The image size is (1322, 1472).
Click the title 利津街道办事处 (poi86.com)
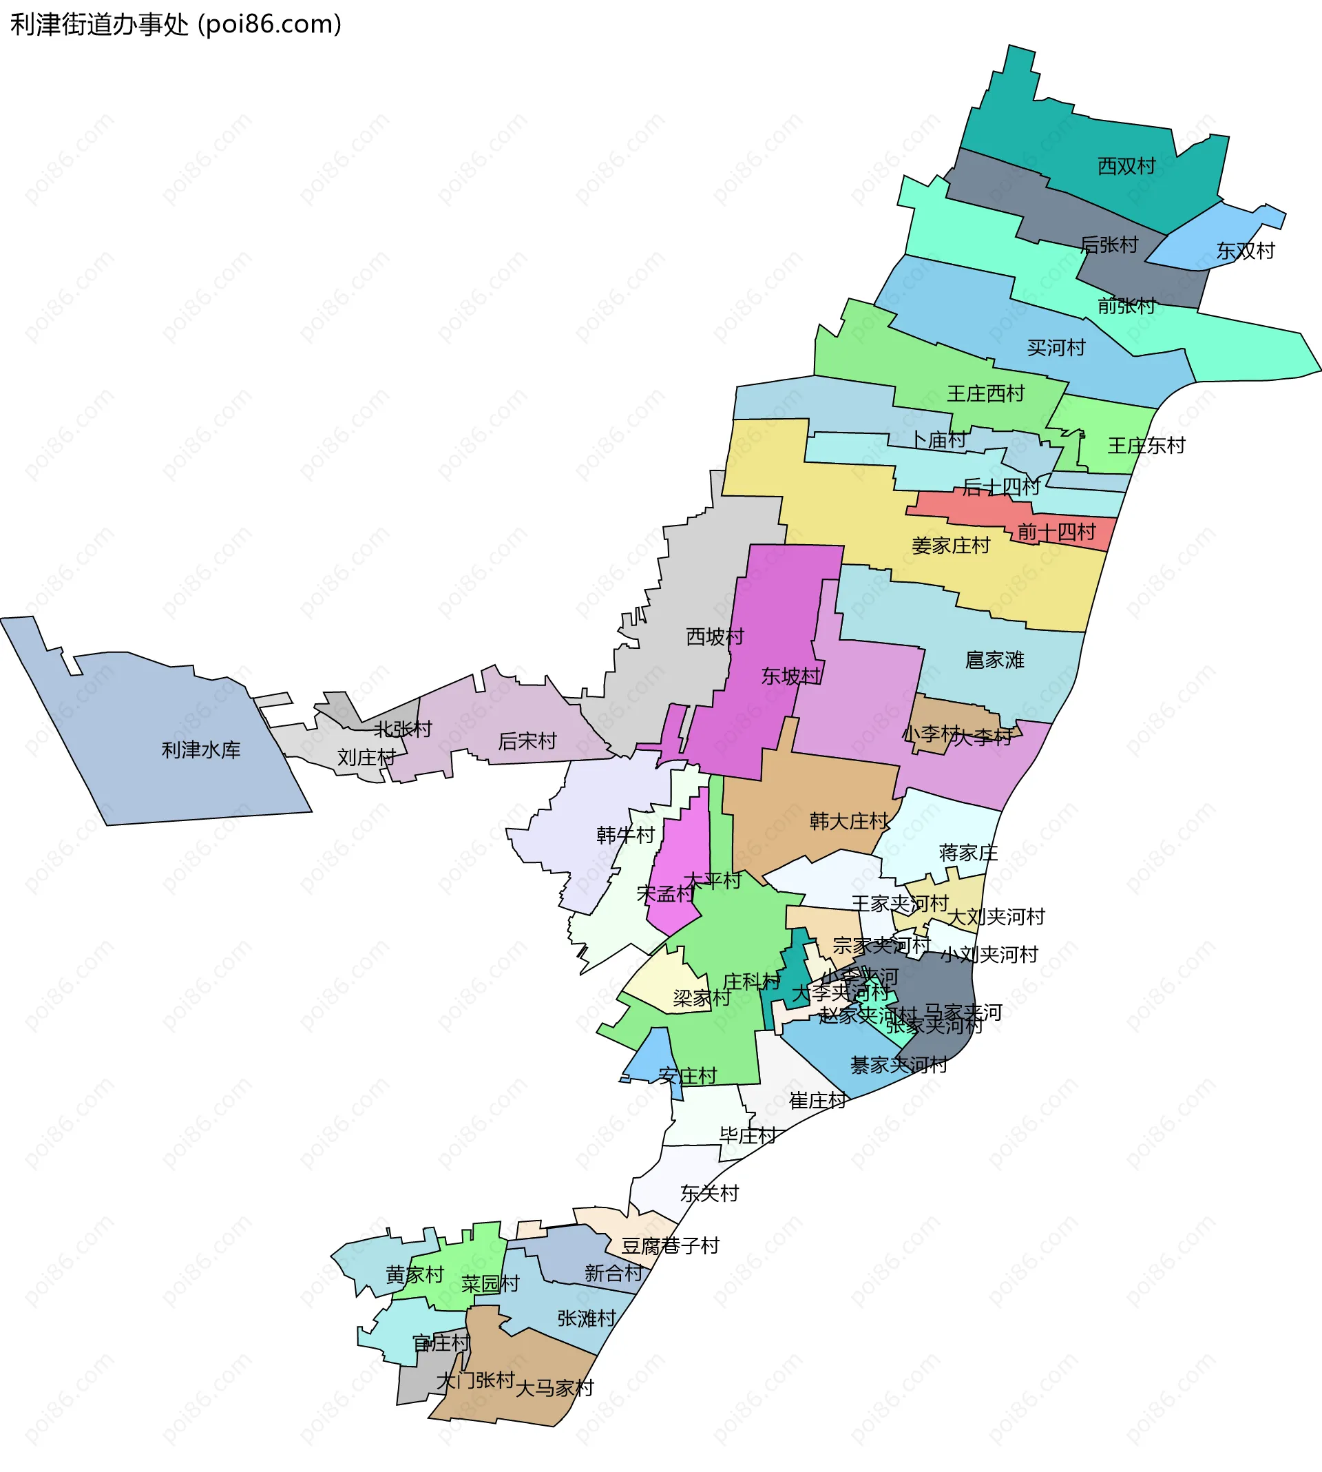tap(176, 25)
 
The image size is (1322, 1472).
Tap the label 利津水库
tap(200, 750)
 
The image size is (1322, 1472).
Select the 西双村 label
tap(1126, 167)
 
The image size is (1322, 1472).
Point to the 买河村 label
tap(1056, 348)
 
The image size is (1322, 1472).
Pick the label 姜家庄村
tap(950, 546)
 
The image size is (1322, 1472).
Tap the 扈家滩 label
tap(994, 660)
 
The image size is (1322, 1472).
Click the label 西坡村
tap(715, 637)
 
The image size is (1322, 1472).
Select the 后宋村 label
tap(527, 741)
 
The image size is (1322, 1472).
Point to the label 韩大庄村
tap(848, 822)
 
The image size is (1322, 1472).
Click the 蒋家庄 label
tap(967, 853)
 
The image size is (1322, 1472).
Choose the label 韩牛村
tap(625, 835)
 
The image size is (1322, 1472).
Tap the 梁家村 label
tap(701, 998)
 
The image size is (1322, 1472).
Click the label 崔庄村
tap(817, 1101)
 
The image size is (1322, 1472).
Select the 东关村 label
tap(709, 1193)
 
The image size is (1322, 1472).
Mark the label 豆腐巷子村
tap(670, 1246)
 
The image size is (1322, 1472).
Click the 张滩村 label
tap(586, 1318)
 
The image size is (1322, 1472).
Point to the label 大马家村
tap(554, 1389)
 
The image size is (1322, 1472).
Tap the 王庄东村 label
tap(1146, 446)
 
